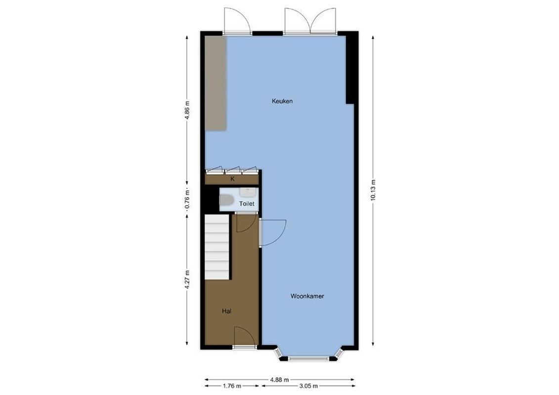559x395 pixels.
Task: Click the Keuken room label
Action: (x=282, y=101)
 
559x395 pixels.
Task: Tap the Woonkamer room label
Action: (x=307, y=297)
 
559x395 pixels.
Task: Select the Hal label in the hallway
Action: (x=227, y=311)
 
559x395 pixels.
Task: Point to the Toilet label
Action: (x=247, y=203)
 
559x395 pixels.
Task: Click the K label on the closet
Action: (x=232, y=179)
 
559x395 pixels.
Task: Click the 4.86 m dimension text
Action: (x=187, y=110)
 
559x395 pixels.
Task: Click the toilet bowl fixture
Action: (x=226, y=200)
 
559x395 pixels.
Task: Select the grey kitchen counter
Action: (x=215, y=82)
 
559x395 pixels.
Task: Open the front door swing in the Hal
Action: (x=245, y=337)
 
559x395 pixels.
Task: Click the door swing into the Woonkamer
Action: (x=272, y=232)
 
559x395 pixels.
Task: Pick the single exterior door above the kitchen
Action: (x=237, y=21)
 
